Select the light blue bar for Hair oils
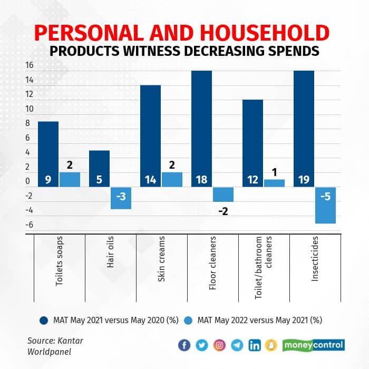(x=121, y=198)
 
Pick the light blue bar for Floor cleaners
(x=222, y=195)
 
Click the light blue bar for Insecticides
(x=325, y=206)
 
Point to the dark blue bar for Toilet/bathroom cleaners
(x=253, y=140)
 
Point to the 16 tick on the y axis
(x=29, y=65)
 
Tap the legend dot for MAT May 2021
(x=45, y=320)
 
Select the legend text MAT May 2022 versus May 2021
(x=259, y=320)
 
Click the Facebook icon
(x=184, y=345)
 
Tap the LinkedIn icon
(x=255, y=345)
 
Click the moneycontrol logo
(x=314, y=345)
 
